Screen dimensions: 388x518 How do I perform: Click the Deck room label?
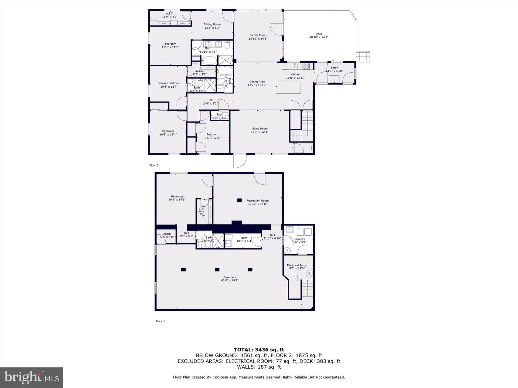[319, 34]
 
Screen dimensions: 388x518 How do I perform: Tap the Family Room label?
[258, 35]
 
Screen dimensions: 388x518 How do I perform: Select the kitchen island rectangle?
[289, 88]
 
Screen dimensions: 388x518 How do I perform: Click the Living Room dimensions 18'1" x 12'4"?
[259, 132]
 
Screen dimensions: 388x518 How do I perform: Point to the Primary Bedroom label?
[169, 83]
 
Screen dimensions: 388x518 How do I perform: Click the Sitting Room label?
[212, 24]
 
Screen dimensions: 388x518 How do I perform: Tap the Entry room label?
[334, 68]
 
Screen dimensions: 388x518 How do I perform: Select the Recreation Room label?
[257, 200]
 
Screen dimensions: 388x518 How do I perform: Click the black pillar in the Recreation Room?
[239, 200]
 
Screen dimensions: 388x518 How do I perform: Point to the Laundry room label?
[300, 239]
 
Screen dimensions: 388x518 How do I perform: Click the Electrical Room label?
[297, 265]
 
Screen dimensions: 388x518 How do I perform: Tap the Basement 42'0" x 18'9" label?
[230, 279]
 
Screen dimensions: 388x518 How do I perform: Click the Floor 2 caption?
[154, 166]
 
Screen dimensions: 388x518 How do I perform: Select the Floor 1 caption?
[160, 321]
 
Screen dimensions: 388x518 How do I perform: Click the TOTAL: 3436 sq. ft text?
[259, 350]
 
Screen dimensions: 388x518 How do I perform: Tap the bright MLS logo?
[32, 378]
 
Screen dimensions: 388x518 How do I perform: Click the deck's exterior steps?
[364, 56]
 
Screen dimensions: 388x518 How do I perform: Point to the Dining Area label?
[257, 82]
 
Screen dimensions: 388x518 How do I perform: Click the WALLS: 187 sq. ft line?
[259, 367]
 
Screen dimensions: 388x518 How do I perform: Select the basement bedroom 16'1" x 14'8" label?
[177, 198]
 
